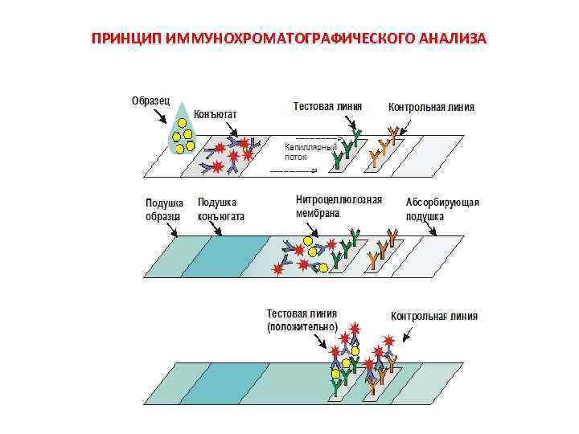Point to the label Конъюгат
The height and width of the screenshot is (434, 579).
[215, 114]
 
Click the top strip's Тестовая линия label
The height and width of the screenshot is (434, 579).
[327, 105]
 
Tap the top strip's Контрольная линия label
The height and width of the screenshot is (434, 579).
[431, 107]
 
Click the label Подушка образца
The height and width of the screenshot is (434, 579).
[163, 210]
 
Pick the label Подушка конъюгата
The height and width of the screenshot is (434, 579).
[221, 210]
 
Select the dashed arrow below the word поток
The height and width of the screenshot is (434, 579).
[297, 170]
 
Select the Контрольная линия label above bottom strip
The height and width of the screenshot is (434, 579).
[434, 316]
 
